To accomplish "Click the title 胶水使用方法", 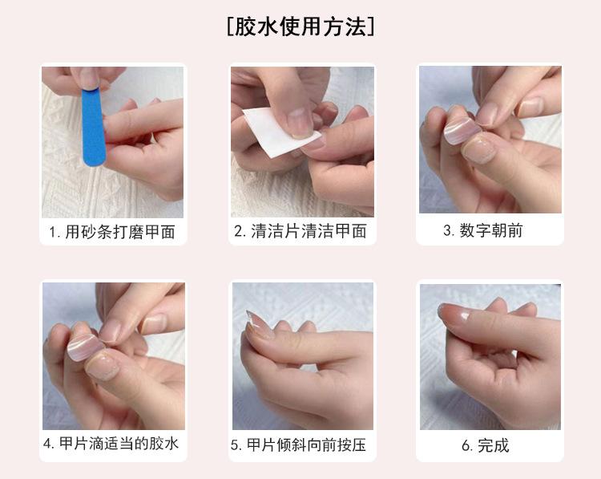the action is tap(300, 26).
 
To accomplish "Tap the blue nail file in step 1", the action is tap(93, 128).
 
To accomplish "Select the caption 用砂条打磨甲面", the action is tap(120, 232).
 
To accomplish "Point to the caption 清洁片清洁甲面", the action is tap(309, 231).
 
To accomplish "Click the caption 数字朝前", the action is tap(491, 230).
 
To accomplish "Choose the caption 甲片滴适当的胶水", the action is tap(119, 444).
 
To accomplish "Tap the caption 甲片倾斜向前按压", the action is tap(306, 444).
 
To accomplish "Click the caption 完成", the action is tap(494, 445).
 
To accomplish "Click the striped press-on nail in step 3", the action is tap(462, 131).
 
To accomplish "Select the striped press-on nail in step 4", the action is tap(85, 347).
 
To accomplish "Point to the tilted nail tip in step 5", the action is tap(256, 323).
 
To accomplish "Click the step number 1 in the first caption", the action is tap(53, 232).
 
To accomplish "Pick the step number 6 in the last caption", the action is tap(466, 446).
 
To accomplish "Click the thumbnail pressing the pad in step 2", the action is tap(300, 122).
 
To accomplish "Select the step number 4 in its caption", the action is tap(47, 444).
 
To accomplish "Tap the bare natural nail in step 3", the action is tap(478, 151).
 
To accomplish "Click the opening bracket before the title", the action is tap(230, 26).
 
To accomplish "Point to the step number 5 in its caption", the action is tap(235, 445).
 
